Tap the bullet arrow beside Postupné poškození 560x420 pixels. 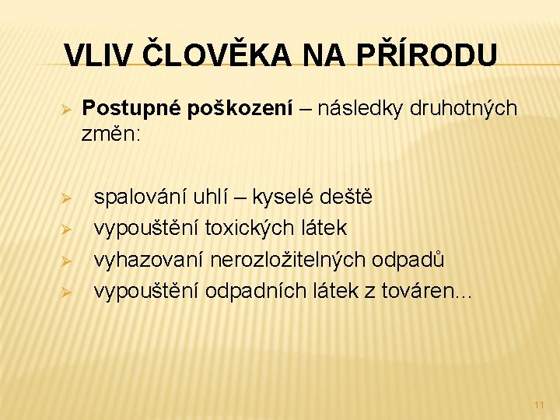(x=67, y=109)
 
